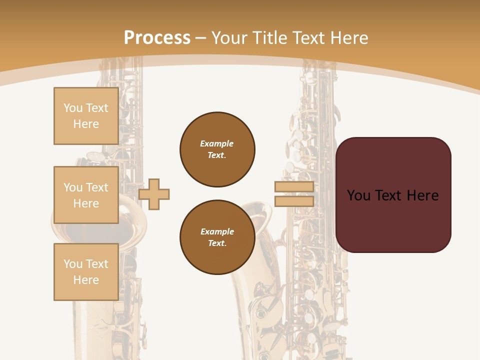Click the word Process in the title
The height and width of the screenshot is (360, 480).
coord(157,38)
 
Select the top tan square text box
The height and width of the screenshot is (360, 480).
coord(86,116)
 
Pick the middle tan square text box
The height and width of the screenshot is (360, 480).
coord(86,195)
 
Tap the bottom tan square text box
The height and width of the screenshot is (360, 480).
coord(86,272)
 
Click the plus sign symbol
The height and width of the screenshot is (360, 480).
coord(154,194)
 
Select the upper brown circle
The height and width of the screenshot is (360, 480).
coord(217,149)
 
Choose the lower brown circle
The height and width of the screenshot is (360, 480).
coord(217,237)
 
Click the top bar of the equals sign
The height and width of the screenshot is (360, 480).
coord(294,187)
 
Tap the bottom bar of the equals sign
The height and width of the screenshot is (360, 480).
coord(294,201)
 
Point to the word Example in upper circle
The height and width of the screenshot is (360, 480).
coord(217,143)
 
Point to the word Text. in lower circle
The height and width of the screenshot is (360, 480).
coord(217,243)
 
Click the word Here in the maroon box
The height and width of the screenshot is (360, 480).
coord(422,195)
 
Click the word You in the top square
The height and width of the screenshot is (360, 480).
coord(72,108)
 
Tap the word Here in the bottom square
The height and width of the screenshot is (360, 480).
coord(86,280)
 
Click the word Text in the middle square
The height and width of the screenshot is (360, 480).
coord(96,187)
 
